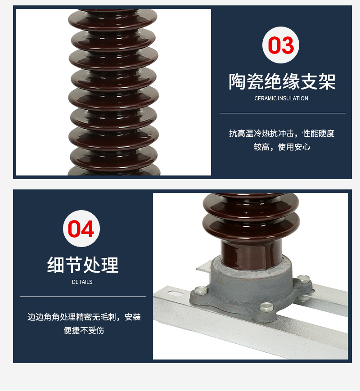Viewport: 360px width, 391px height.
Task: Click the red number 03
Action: coord(281,45)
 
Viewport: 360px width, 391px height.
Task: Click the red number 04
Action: coord(81,229)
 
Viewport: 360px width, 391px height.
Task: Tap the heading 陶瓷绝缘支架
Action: coord(282,81)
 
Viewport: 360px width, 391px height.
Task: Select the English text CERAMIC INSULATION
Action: coord(281,99)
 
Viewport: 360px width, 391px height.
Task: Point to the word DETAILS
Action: coord(82,282)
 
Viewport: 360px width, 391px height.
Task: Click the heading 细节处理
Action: coord(83,265)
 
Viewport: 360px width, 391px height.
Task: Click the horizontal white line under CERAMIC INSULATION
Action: coord(282,113)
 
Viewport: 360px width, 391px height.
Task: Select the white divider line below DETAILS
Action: coord(83,297)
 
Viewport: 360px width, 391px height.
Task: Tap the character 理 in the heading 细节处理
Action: coord(110,265)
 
